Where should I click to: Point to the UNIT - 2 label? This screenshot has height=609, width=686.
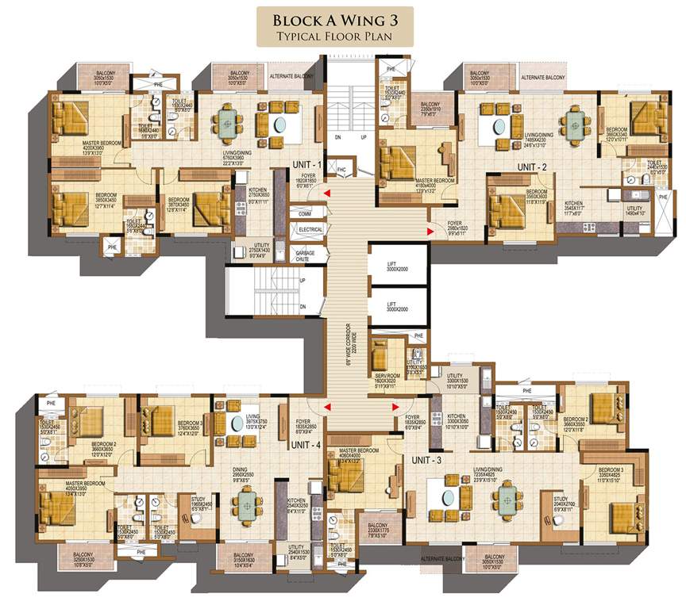pos(532,167)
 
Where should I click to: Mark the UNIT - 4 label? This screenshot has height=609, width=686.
pos(306,445)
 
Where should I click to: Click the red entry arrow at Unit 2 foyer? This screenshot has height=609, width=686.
pos(430,232)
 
